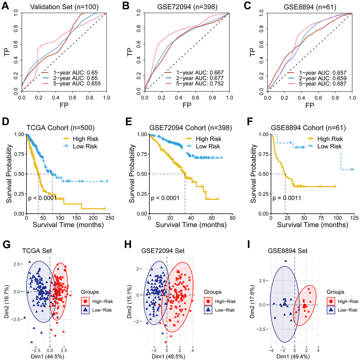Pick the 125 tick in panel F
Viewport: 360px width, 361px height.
coord(354,218)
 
